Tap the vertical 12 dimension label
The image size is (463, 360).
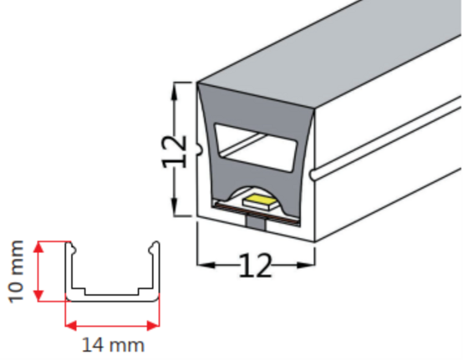pos(174,152)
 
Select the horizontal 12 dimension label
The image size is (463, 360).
pos(255,266)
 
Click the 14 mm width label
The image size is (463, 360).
pos(113,345)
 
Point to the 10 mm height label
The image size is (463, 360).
pos(16,271)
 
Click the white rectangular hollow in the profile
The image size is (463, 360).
pos(256,147)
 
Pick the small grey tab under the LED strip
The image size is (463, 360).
pos(256,223)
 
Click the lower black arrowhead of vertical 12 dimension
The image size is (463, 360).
pos(175,206)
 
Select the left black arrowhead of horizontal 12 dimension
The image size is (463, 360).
pos(206,265)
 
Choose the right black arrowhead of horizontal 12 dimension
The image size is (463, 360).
pos(305,265)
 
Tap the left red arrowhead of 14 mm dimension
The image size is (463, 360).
pos(71,326)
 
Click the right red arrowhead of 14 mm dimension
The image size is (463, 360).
pos(153,326)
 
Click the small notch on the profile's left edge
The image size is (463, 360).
pos(200,150)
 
